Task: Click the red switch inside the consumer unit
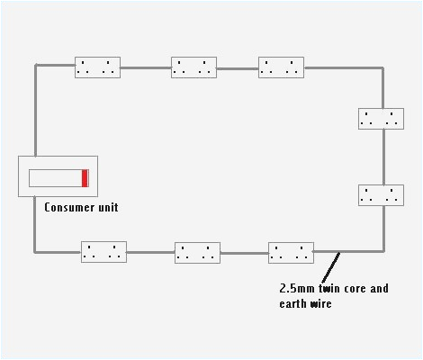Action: point(85,177)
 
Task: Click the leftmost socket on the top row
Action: point(97,67)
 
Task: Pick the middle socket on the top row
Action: point(193,67)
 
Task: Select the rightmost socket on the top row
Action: point(281,67)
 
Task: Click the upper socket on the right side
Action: point(381,118)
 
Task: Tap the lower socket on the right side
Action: point(381,195)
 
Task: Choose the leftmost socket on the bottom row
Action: point(103,252)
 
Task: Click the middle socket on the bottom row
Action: point(197,253)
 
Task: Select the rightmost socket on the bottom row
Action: point(291,253)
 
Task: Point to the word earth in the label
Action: point(293,303)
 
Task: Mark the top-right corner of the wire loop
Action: point(383,67)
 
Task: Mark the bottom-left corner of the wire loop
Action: point(35,252)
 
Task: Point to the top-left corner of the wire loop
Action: point(35,66)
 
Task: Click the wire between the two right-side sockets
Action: point(383,157)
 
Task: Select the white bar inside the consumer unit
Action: point(55,177)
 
